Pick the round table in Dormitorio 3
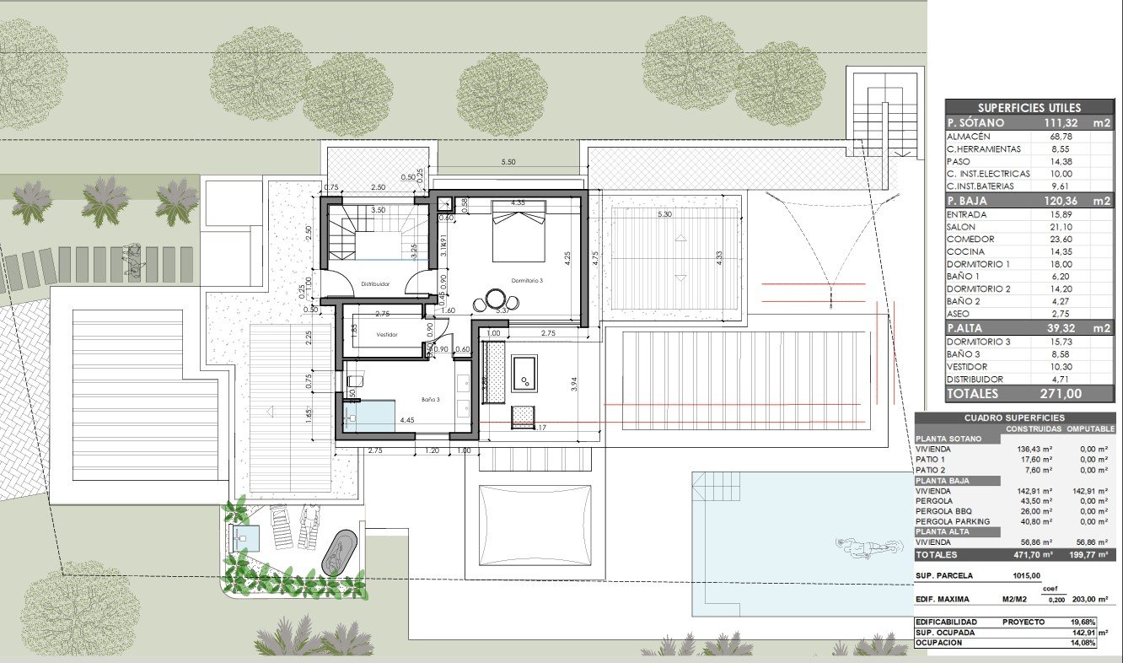click(495, 299)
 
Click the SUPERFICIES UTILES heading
click(1029, 108)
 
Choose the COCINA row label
click(965, 251)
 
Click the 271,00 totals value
click(1060, 394)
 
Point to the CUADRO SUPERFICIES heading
click(1015, 418)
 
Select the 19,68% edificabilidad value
click(1094, 622)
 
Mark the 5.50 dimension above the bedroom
click(508, 161)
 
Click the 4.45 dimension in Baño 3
click(407, 420)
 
